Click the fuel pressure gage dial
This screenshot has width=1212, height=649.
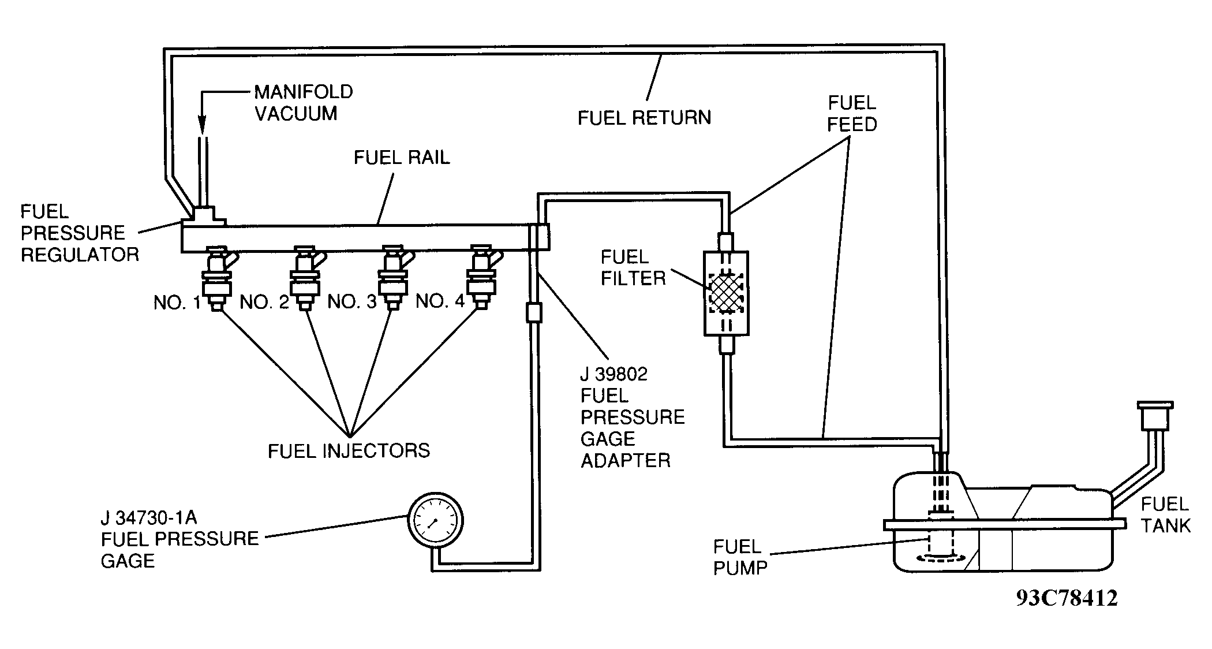point(436,520)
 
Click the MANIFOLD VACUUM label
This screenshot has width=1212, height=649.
point(304,103)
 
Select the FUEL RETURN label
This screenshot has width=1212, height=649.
point(644,118)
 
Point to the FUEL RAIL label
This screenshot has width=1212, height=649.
point(402,158)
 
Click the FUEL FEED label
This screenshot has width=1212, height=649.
point(852,114)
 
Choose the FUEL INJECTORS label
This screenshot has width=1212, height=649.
point(349,451)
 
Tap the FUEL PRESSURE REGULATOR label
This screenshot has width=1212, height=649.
point(80,233)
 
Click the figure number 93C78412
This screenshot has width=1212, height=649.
point(1067,598)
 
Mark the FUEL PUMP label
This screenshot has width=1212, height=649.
point(740,557)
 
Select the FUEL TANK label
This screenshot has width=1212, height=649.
point(1165,514)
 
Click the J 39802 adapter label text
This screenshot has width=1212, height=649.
point(614,374)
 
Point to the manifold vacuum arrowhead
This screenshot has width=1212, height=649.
point(202,124)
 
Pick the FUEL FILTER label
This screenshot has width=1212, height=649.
point(633,267)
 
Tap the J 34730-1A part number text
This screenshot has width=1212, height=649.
point(149,517)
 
